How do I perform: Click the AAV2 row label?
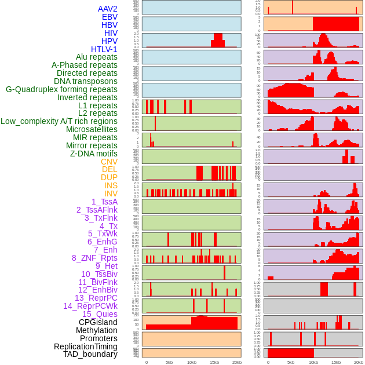[x=108, y=9]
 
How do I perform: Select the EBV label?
[x=110, y=17]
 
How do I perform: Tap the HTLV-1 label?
[x=104, y=49]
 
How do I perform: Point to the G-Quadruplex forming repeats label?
[x=61, y=89]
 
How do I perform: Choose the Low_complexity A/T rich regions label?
[x=59, y=121]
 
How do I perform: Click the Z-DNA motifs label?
[x=94, y=154]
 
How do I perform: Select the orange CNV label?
[x=109, y=162]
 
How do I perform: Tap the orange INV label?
[x=111, y=194]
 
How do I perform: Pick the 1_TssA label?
[x=104, y=202]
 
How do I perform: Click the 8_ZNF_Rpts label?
[x=94, y=258]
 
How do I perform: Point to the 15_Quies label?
[x=100, y=314]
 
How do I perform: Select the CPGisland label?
[x=98, y=322]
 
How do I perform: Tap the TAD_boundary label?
[x=90, y=354]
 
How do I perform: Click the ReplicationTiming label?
[x=86, y=346]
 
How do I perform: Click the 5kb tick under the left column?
[x=169, y=362]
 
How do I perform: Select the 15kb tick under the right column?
[x=336, y=362]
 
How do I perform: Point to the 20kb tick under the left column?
[x=236, y=362]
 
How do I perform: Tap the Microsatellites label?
[x=92, y=129]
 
